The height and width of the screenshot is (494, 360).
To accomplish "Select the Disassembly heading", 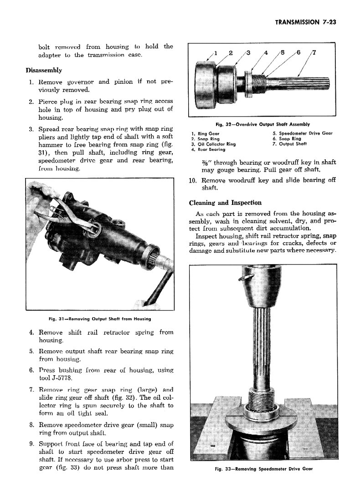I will tap(44, 71).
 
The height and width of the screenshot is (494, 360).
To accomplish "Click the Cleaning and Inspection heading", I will tap(225, 203).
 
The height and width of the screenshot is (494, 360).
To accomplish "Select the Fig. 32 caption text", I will tap(262, 124).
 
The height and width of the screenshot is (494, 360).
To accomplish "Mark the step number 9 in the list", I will tap(31, 444).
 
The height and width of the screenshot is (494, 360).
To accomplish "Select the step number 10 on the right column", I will tap(192, 180).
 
